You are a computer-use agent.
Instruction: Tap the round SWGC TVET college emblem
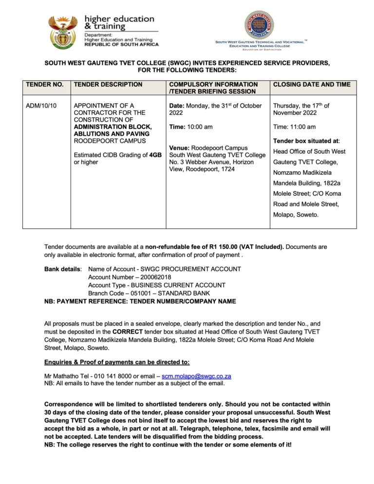coord(259,25)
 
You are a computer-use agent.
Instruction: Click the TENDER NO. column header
coord(45,85)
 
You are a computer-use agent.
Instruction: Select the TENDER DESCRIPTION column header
coord(108,85)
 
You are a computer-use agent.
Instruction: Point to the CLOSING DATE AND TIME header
coord(312,85)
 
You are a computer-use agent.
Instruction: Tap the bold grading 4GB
coord(155,155)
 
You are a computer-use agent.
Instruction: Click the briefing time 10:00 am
coord(200,127)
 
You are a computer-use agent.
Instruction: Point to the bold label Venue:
coord(179,148)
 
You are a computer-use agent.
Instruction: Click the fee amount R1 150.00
coord(261,247)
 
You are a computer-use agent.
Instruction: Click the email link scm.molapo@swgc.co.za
coord(196,376)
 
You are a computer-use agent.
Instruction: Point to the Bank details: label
coord(63,269)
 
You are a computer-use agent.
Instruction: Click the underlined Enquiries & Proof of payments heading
coord(117,362)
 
